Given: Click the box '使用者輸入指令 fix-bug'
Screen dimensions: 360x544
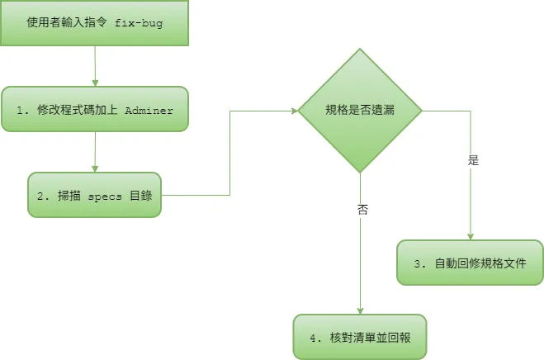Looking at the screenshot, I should click(x=95, y=23).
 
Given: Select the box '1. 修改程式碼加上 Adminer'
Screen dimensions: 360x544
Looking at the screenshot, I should click(x=95, y=110).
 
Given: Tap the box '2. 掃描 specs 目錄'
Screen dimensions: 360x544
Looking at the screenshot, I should click(x=95, y=195).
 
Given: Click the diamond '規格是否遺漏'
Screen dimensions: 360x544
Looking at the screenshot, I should click(x=360, y=110).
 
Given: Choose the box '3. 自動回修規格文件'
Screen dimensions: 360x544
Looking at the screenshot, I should click(x=470, y=263).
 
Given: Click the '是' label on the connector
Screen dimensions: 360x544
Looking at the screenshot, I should click(x=473, y=160).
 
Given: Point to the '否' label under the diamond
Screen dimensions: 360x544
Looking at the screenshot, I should click(x=362, y=209).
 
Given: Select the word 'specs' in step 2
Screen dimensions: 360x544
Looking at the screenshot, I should click(x=103, y=196).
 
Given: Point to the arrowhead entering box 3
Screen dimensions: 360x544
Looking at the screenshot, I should click(x=470, y=237).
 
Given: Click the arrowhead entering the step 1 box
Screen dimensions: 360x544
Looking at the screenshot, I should click(x=96, y=83).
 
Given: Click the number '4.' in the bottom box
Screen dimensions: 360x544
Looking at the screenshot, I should click(x=315, y=337).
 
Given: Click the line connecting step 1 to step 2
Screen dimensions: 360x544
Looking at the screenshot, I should click(x=96, y=152).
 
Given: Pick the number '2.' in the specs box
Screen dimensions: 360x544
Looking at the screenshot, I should click(x=41, y=196).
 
